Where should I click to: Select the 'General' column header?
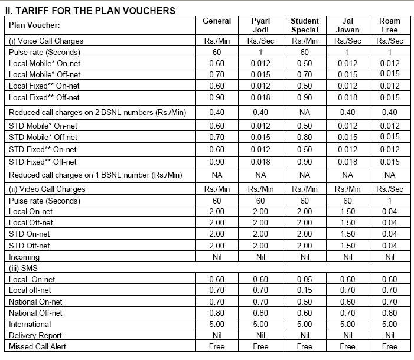(217, 21)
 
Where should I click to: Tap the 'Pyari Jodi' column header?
(260, 25)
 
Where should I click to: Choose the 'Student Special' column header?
(304, 25)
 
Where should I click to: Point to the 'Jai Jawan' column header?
(347, 25)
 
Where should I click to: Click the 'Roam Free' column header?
(390, 25)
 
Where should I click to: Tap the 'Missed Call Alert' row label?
(37, 346)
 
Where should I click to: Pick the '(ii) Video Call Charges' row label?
(47, 189)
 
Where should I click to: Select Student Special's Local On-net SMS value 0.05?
(304, 279)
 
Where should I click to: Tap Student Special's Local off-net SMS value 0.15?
(304, 290)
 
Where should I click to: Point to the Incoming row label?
(24, 257)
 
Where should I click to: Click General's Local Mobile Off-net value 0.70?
(217, 75)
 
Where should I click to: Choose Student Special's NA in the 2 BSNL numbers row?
(304, 112)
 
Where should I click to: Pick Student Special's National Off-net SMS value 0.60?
(304, 313)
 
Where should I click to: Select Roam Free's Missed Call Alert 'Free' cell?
(390, 346)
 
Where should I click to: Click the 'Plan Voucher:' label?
(35, 25)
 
